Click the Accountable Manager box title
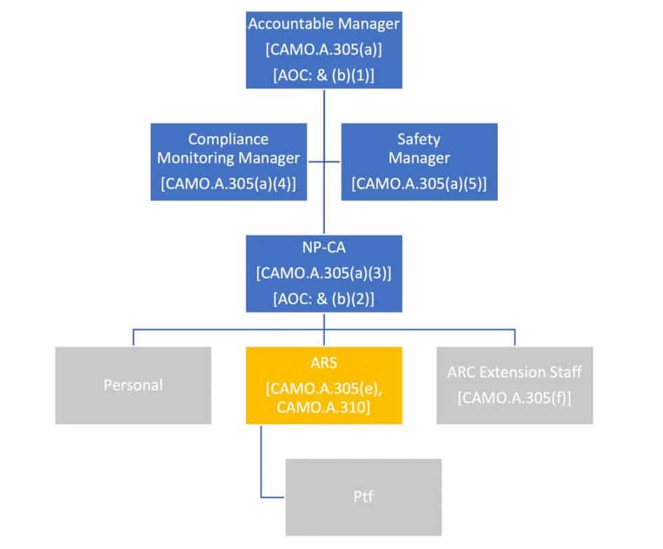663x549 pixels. pos(324,24)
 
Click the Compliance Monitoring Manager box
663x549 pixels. pos(228,161)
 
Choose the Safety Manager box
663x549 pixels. pos(419,161)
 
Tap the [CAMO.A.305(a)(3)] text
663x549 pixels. pos(324,274)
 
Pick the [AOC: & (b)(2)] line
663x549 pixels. pos(324,298)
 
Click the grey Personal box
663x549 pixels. pos(133,385)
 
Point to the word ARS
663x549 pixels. pos(324,362)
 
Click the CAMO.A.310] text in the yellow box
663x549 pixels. pos(324,409)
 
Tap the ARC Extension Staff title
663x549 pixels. pos(514,373)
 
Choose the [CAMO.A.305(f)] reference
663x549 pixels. pos(514,398)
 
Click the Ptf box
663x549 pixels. pos(363,497)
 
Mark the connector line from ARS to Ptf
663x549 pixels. pos(261,467)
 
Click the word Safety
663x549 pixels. pos(419,139)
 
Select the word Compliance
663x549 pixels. pos(228,139)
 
